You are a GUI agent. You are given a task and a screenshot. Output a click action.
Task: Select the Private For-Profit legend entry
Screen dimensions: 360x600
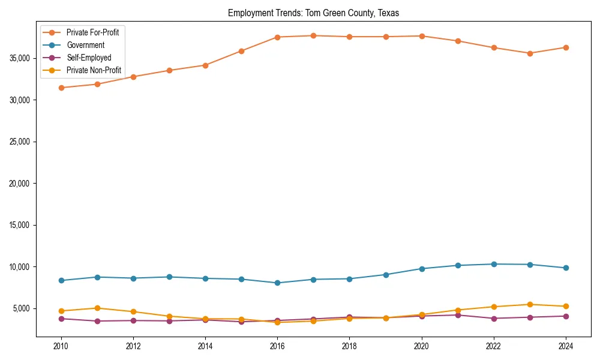coord(92,32)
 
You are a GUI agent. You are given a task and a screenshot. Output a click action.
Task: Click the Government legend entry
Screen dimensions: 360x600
coord(85,45)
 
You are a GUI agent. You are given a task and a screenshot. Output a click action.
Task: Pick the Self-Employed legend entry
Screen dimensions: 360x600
coord(89,58)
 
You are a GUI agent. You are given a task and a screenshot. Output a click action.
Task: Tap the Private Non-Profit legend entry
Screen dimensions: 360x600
coord(94,70)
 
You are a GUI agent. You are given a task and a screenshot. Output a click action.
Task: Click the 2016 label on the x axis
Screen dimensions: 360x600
coord(277,346)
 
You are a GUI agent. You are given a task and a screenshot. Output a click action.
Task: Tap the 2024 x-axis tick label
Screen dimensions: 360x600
coord(566,346)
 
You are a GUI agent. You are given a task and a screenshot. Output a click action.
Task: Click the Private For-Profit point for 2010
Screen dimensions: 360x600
coord(61,88)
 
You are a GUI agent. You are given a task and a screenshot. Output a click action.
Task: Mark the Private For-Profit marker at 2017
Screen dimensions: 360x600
coord(313,35)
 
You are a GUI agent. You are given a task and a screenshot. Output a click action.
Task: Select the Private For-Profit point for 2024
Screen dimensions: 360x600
coord(566,47)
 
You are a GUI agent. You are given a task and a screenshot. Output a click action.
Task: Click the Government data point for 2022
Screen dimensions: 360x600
coord(494,264)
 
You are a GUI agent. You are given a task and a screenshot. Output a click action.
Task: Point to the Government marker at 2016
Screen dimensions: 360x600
coord(277,283)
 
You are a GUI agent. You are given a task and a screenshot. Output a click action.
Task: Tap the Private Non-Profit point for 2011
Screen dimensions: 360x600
coord(97,308)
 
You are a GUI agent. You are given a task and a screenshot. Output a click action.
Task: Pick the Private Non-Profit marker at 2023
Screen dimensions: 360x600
coord(530,304)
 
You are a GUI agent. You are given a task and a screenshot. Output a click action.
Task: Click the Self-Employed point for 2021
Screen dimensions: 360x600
coord(458,315)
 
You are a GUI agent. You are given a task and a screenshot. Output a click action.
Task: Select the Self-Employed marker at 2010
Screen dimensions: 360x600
coord(61,319)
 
